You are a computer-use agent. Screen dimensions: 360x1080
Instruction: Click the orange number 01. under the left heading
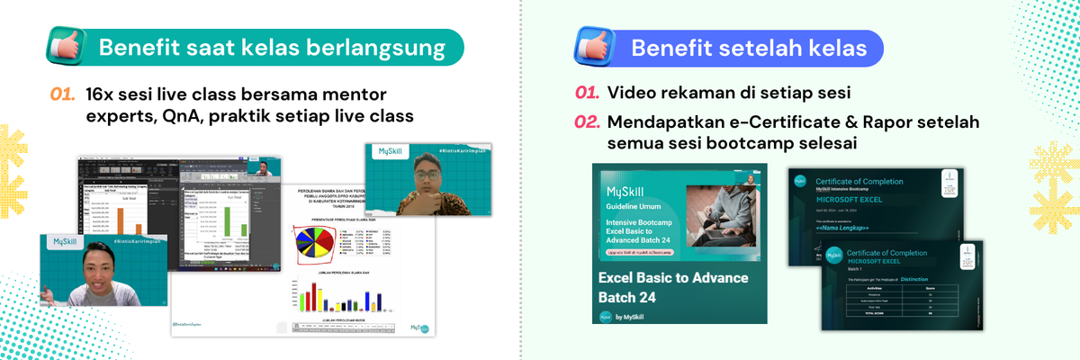pyautogui.click(x=62, y=94)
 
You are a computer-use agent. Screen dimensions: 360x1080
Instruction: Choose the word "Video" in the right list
pyautogui.click(x=631, y=94)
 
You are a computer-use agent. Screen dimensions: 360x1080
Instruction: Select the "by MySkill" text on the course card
pyautogui.click(x=634, y=315)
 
